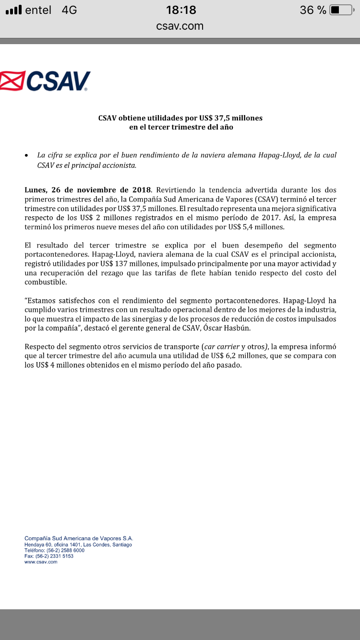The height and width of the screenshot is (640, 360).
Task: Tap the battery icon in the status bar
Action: coord(341,10)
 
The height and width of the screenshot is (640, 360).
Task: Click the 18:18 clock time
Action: coord(181,10)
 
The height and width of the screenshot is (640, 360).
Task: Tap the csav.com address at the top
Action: coord(180,26)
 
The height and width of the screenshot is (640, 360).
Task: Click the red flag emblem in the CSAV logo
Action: coord(12,81)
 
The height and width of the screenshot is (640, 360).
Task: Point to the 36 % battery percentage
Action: coord(313,10)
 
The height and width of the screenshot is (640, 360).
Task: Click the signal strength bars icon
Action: coord(14,10)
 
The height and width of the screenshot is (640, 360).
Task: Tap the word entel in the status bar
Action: coord(38,10)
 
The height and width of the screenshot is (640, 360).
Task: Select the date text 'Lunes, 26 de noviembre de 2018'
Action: coord(87,190)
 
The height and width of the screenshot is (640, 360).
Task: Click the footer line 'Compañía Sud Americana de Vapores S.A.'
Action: coord(79,538)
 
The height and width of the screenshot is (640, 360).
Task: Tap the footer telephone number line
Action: coord(54,550)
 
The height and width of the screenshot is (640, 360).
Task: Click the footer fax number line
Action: coord(49,556)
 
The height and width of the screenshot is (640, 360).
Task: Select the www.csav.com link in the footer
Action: coord(41,562)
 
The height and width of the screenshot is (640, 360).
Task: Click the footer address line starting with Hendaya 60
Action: coord(78,545)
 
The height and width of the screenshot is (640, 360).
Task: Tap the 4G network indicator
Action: coord(69,10)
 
